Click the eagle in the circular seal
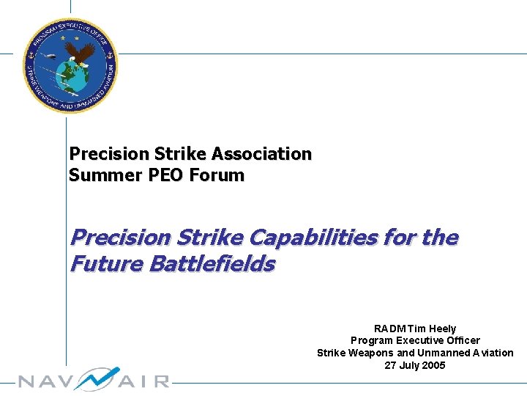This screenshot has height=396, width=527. point(82,53)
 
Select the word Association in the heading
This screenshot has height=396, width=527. point(261,154)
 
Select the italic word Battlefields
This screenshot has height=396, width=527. point(212,263)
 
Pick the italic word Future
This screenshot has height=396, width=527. point(105,263)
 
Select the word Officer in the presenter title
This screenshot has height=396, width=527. point(459,340)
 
